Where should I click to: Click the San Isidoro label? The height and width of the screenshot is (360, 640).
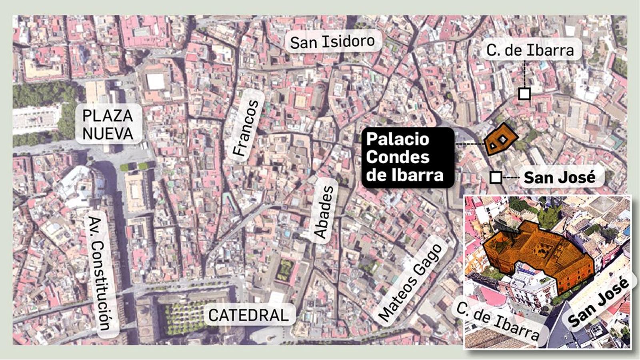pos(332,42)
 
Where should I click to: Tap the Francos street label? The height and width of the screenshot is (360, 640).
pos(246,127)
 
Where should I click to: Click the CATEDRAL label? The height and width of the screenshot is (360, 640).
pos(248,315)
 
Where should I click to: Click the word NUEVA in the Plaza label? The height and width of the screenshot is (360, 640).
pos(108,134)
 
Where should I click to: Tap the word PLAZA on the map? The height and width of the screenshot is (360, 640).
pos(108,116)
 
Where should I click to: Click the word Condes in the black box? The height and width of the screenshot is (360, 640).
pos(398,157)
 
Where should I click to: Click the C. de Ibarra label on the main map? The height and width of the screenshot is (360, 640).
pos(530,50)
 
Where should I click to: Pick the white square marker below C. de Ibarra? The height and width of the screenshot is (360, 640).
pos(524,94)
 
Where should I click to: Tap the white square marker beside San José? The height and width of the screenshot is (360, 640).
pos(496,177)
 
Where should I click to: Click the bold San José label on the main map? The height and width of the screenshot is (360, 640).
pos(559,177)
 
